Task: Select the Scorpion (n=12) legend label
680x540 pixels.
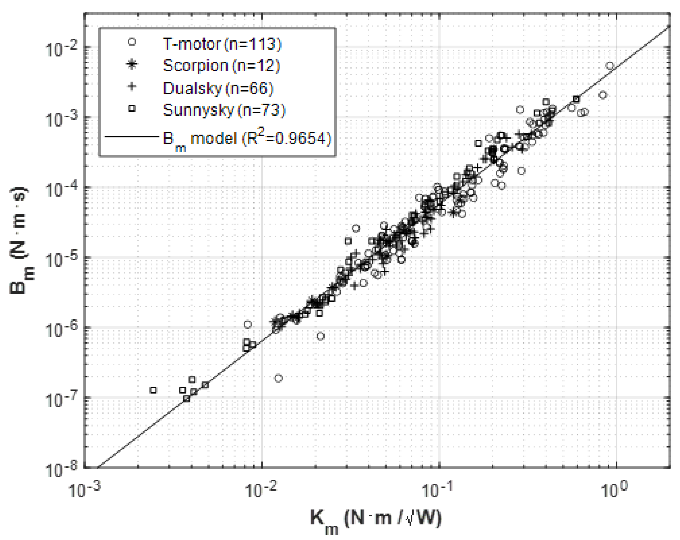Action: pyautogui.click(x=221, y=66)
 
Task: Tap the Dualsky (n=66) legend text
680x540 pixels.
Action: pyautogui.click(x=218, y=88)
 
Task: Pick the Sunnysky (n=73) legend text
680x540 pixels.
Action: pyautogui.click(x=224, y=110)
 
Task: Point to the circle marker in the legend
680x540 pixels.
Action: pyautogui.click(x=132, y=42)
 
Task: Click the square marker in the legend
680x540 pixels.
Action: pyautogui.click(x=132, y=108)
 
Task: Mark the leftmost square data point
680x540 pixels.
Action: pyautogui.click(x=153, y=390)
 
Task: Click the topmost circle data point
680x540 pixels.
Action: pyautogui.click(x=610, y=66)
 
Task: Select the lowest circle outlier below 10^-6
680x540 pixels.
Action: pyautogui.click(x=278, y=378)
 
